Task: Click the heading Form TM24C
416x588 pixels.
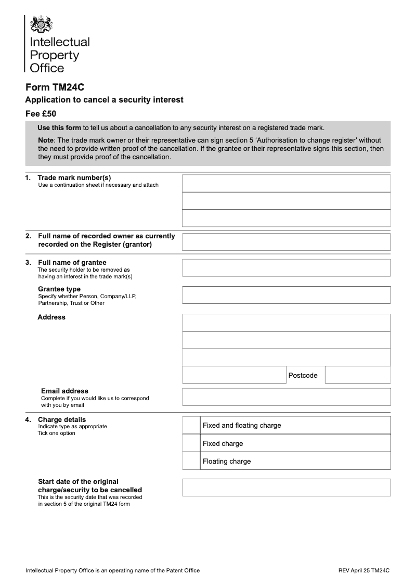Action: click(55, 87)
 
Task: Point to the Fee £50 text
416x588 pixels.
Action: click(41, 113)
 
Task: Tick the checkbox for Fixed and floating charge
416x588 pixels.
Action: click(191, 426)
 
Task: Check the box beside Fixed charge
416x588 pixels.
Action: click(191, 444)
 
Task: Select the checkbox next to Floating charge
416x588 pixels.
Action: click(191, 461)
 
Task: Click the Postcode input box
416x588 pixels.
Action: click(357, 375)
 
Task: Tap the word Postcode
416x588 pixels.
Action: click(303, 376)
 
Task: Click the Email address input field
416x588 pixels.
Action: click(286, 397)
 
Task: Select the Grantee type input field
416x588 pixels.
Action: click(286, 295)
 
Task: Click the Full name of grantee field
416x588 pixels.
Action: click(286, 268)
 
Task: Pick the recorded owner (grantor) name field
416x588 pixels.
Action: click(286, 242)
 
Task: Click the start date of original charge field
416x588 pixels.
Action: click(286, 488)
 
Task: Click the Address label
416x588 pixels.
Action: click(51, 317)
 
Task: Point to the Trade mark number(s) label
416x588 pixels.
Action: click(74, 177)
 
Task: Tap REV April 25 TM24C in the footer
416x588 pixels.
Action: click(363, 571)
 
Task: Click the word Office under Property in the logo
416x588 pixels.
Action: click(47, 68)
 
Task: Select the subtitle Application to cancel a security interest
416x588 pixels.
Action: click(104, 100)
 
